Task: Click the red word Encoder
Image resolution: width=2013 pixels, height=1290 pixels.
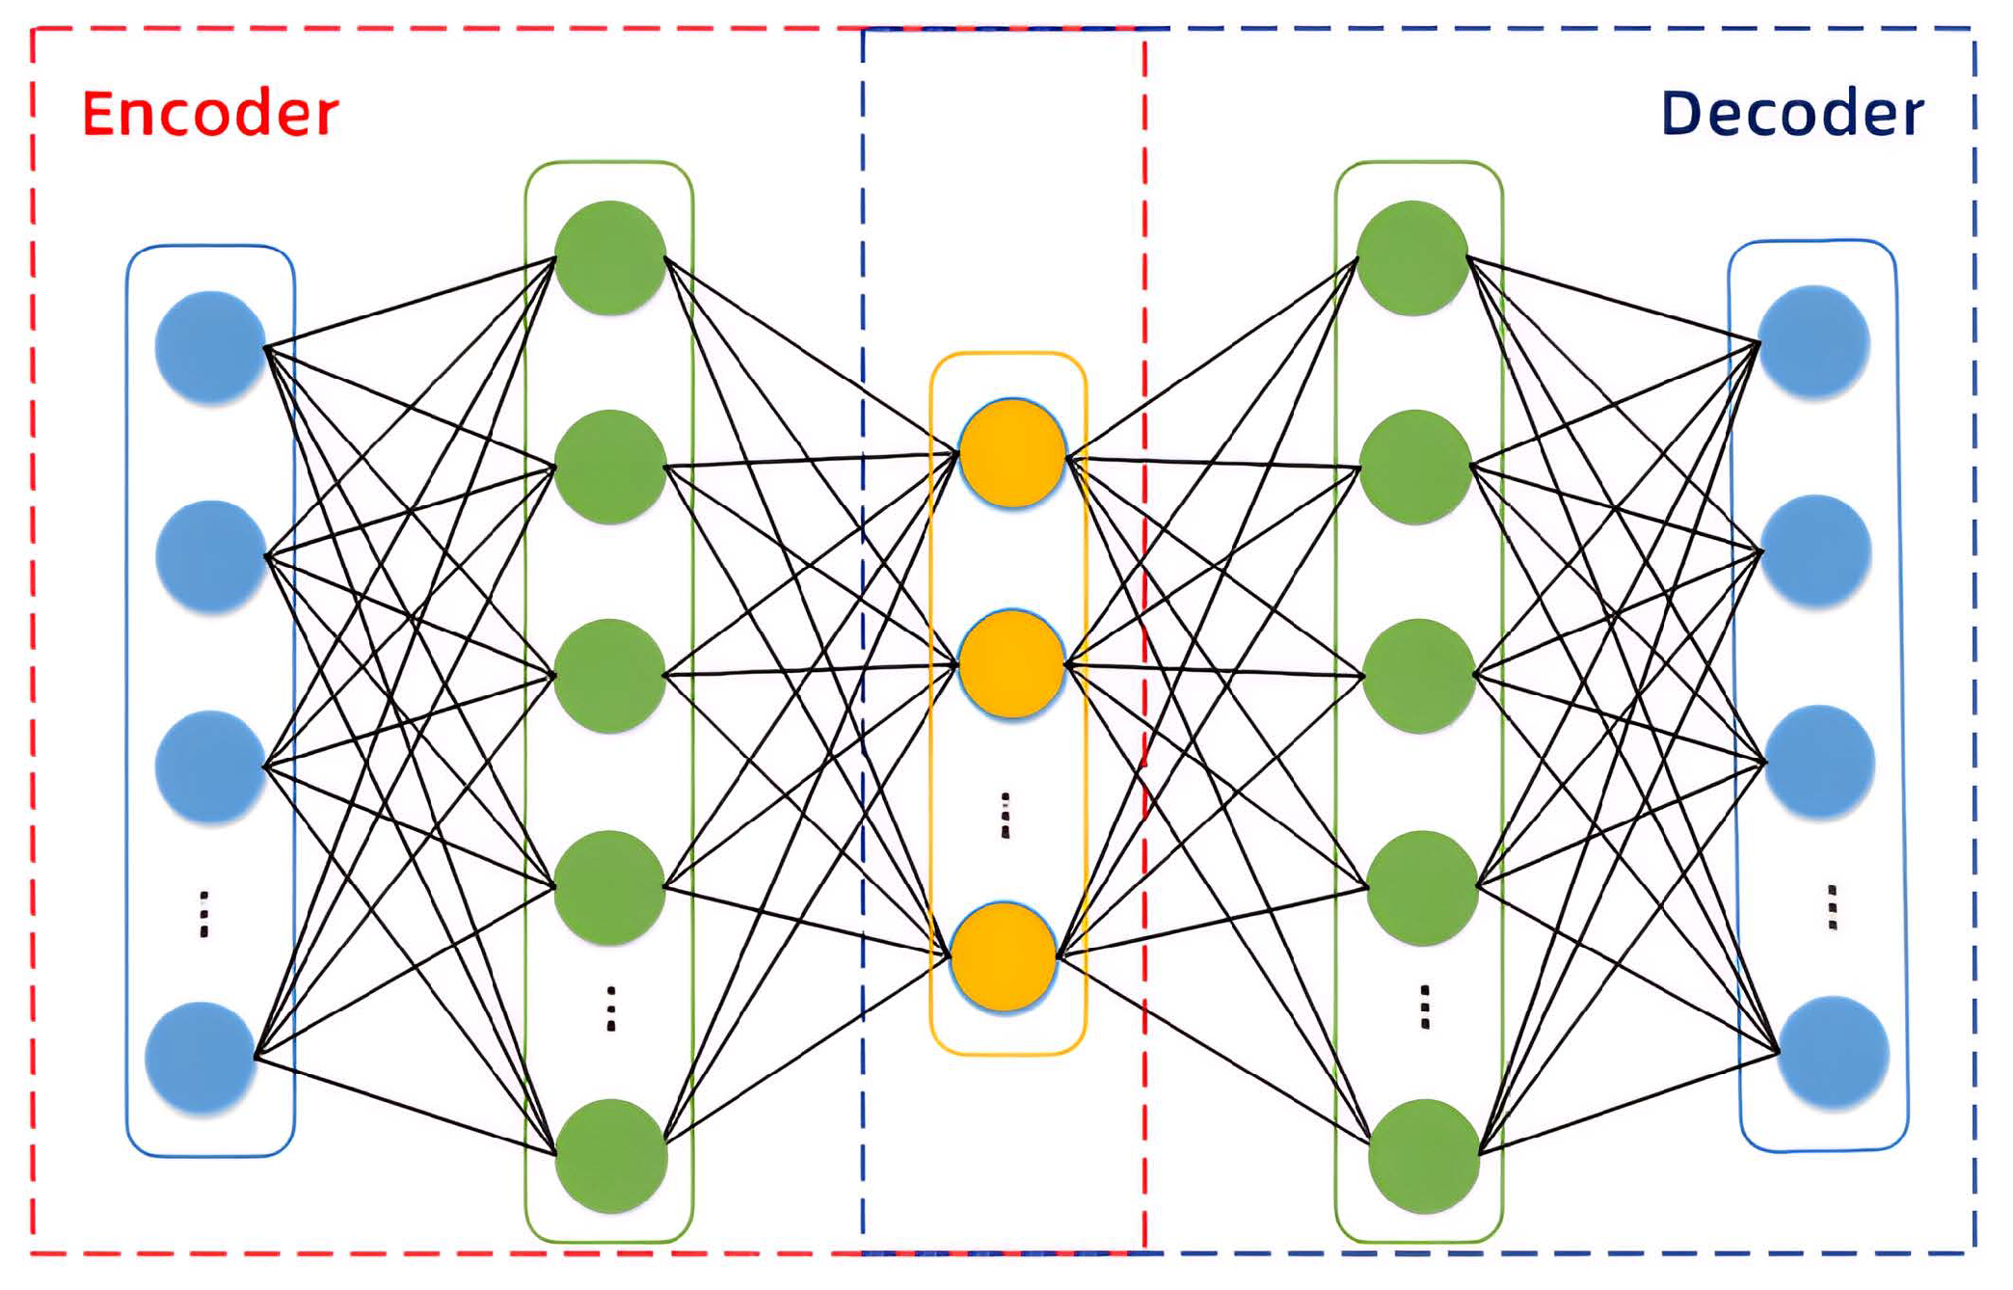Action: (x=210, y=114)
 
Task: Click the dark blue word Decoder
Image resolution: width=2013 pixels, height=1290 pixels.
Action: (x=1791, y=114)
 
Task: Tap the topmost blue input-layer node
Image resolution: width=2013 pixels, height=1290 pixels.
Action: (x=210, y=346)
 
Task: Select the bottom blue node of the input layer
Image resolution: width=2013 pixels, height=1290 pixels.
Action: (x=201, y=1058)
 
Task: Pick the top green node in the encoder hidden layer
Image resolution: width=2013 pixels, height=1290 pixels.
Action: (x=610, y=256)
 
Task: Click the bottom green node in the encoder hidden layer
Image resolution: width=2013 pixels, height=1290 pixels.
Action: (x=610, y=1155)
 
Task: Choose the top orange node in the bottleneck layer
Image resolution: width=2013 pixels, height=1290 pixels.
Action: (x=1011, y=453)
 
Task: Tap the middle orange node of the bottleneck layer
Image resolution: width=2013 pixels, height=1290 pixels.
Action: (x=1011, y=664)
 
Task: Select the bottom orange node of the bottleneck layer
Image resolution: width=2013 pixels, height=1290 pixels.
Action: (x=1004, y=956)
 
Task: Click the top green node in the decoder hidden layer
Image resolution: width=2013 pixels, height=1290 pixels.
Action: (x=1412, y=256)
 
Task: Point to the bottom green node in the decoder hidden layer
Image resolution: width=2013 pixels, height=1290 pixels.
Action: (x=1424, y=1155)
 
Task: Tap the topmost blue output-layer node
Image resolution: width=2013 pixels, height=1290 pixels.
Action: (x=1813, y=341)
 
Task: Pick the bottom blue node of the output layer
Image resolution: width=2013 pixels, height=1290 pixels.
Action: (x=1833, y=1053)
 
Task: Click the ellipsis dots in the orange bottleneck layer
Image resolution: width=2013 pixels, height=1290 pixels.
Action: (x=1006, y=816)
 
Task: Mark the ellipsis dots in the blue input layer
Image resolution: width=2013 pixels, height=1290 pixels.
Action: (x=203, y=913)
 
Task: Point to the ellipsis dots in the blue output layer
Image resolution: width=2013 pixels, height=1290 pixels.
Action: (x=1832, y=906)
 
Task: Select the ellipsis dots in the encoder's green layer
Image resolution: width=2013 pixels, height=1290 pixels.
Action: (x=610, y=1008)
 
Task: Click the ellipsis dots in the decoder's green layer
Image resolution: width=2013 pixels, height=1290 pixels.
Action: (x=1425, y=1007)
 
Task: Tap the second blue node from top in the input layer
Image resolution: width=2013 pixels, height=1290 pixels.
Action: (x=210, y=556)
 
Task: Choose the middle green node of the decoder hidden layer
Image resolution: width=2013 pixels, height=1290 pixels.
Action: (x=1418, y=675)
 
